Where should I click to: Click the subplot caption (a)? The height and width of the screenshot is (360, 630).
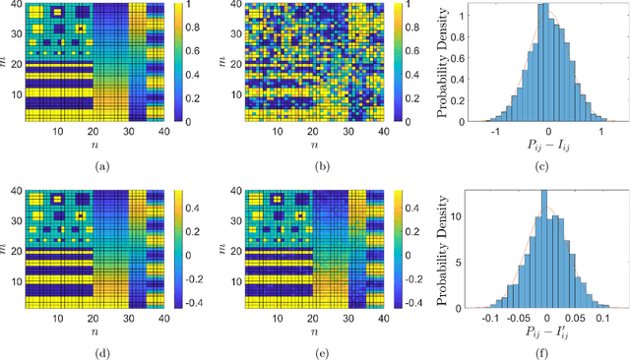100,165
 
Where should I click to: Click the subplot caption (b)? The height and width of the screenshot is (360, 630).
320,165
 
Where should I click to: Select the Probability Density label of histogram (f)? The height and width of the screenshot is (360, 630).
444,245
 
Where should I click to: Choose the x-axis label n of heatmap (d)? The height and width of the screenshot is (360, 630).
100,333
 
